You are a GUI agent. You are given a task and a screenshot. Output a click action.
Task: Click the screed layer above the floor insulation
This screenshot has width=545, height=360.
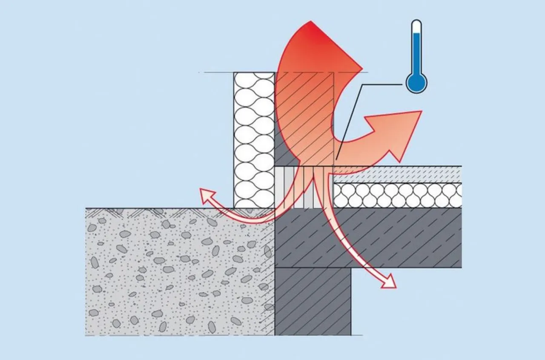tap(398, 174)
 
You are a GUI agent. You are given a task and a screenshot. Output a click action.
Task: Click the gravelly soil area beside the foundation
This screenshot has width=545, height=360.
tap(179, 273)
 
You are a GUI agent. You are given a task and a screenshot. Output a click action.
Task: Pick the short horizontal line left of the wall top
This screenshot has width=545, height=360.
tap(217, 73)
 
